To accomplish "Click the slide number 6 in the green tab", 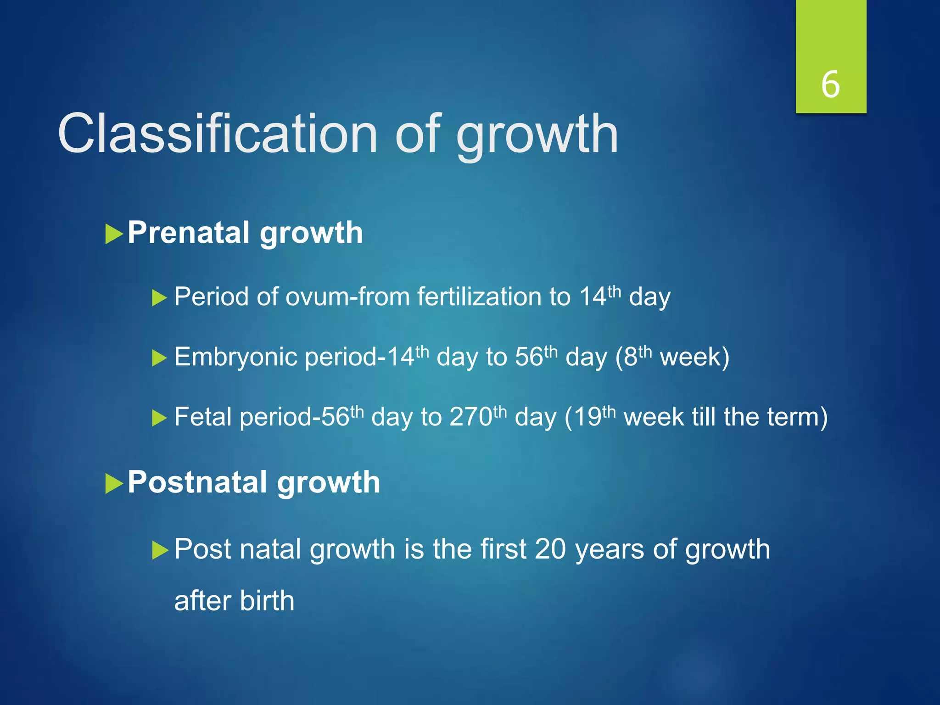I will (830, 85).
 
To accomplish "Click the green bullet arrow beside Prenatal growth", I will (114, 234).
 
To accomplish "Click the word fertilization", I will (480, 297).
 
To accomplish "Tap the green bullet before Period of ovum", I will (159, 298).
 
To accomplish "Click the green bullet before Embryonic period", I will (159, 358).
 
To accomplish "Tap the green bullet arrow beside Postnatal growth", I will (114, 484).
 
